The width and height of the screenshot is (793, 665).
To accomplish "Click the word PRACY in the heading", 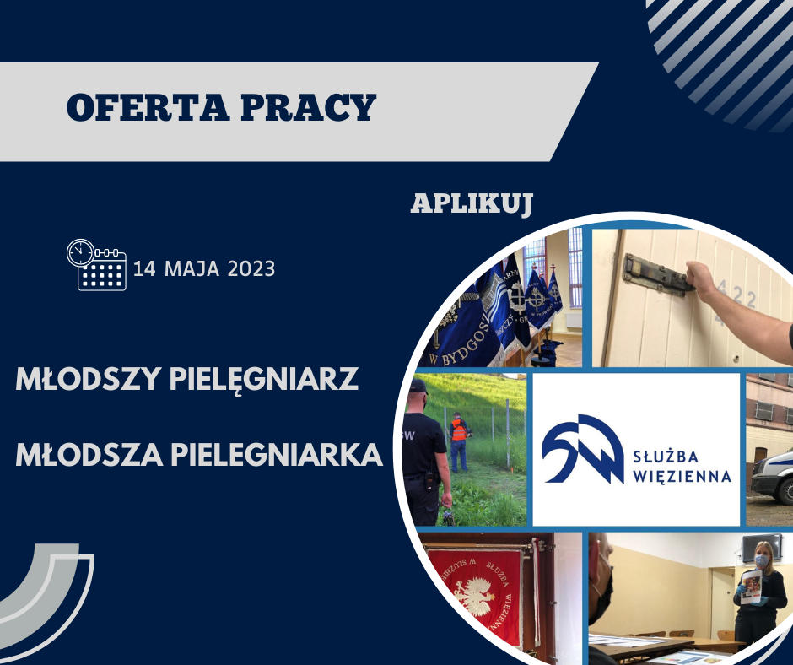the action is pyautogui.click(x=309, y=107).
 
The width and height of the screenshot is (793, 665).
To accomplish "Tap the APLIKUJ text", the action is pyautogui.click(x=472, y=204).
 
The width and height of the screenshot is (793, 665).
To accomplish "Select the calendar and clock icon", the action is pyautogui.click(x=97, y=265).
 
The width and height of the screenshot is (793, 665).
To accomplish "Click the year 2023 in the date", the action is pyautogui.click(x=251, y=268).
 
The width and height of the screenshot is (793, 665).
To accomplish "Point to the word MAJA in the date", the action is pyautogui.click(x=192, y=268).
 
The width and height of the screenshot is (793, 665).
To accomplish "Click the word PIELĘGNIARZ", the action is pyautogui.click(x=263, y=380).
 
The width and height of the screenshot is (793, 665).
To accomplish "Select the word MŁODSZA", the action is pyautogui.click(x=89, y=455).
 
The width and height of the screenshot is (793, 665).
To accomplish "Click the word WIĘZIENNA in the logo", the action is pyautogui.click(x=682, y=476).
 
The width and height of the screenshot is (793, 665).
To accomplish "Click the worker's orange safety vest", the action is pyautogui.click(x=459, y=430).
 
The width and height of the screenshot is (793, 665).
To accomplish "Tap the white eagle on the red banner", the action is pyautogui.click(x=474, y=597).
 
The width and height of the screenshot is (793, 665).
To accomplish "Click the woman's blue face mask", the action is pyautogui.click(x=761, y=560).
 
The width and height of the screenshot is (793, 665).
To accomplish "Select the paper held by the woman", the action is pyautogui.click(x=752, y=587).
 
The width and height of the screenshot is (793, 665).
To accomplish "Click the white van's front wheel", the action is pyautogui.click(x=785, y=490).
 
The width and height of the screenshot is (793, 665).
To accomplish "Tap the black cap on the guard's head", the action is pyautogui.click(x=418, y=387).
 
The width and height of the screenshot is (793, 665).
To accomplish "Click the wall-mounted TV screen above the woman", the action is pyautogui.click(x=761, y=548).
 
